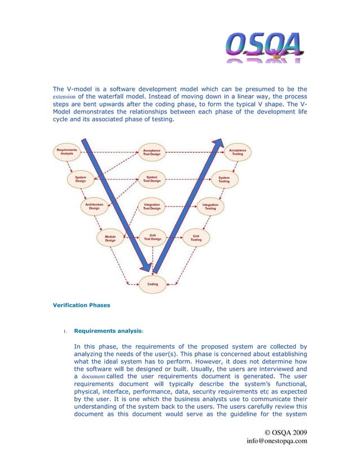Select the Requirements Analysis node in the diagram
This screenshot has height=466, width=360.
pyautogui.click(x=66, y=153)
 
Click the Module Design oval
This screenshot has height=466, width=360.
pyautogui.click(x=110, y=238)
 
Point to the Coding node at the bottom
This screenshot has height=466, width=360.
pyautogui.click(x=152, y=284)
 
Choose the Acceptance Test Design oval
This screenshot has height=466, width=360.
pyautogui.click(x=152, y=152)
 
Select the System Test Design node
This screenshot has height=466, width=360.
pyautogui.click(x=152, y=179)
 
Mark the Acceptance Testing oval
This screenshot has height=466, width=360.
pyautogui.click(x=238, y=152)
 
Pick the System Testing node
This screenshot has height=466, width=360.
pyautogui.click(x=224, y=179)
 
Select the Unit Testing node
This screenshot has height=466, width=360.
pyautogui.click(x=196, y=238)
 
